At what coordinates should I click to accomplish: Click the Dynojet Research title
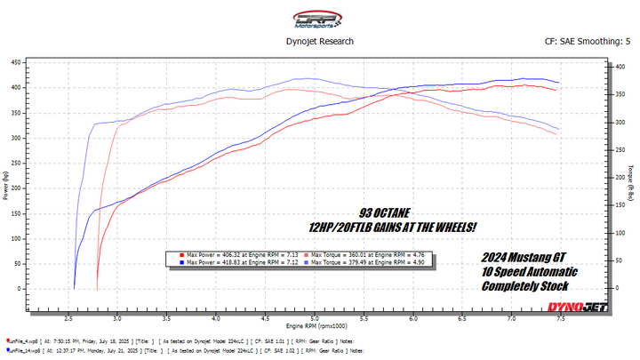(x=320, y=41)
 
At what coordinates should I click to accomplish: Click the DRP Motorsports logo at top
(x=319, y=18)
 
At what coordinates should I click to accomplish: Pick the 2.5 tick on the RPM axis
(x=69, y=317)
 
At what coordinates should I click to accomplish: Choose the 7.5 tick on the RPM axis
(x=558, y=317)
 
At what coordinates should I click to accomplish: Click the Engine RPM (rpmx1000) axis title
(x=314, y=326)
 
